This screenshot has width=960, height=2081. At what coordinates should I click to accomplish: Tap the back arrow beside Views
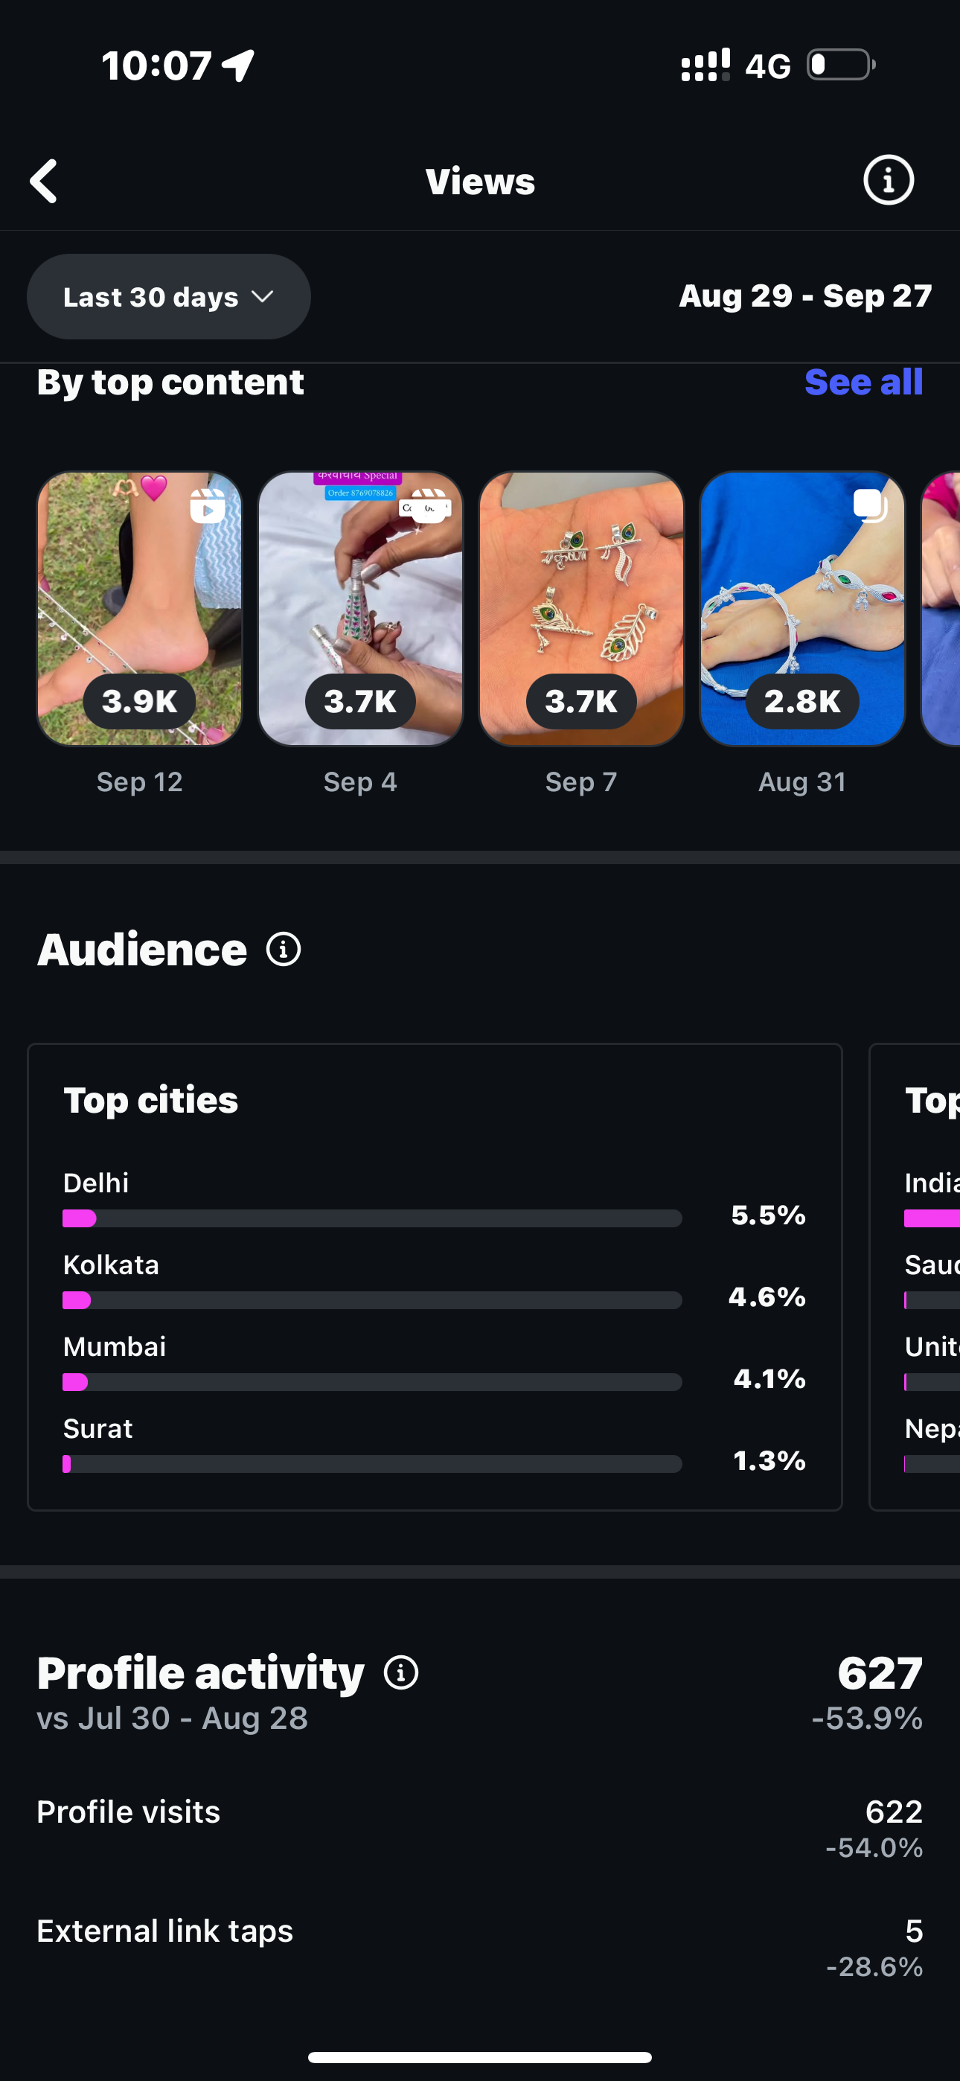click(45, 180)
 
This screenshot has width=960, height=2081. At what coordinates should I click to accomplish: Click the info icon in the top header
click(888, 180)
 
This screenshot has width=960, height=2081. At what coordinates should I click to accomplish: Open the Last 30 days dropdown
click(169, 296)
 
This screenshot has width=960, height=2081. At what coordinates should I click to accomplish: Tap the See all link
click(863, 382)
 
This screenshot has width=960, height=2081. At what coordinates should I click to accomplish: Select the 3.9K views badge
click(139, 701)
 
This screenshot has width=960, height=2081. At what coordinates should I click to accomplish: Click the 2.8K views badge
click(801, 701)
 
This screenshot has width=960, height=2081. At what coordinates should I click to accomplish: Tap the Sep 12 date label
click(139, 782)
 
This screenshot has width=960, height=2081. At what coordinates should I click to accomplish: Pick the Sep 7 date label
click(581, 782)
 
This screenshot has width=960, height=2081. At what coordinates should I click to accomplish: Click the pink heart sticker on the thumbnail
click(153, 487)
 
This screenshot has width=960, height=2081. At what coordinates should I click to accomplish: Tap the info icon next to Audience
click(284, 949)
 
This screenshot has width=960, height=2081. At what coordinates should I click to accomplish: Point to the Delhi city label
click(96, 1183)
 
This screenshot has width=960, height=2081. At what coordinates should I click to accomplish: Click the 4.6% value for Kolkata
click(767, 1297)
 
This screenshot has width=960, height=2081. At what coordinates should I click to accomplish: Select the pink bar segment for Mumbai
click(75, 1382)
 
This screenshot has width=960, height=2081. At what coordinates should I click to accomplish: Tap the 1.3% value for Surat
click(769, 1460)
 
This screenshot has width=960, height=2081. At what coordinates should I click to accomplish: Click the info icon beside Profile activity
click(401, 1672)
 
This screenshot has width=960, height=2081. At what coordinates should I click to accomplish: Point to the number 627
click(879, 1673)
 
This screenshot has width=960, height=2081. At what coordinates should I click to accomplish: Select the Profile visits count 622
click(893, 1812)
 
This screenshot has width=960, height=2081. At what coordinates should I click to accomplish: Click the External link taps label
click(165, 1931)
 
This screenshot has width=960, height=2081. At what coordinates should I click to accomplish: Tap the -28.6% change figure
click(874, 1966)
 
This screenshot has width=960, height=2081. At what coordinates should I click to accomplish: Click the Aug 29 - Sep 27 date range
click(805, 295)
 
